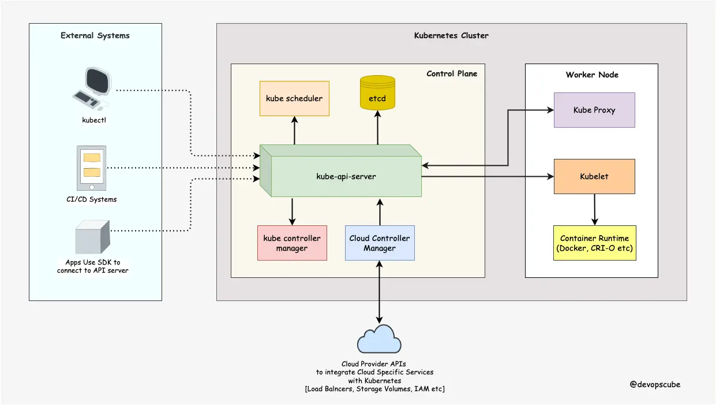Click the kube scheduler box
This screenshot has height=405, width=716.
(x=294, y=98)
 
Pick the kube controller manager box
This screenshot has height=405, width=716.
(x=292, y=243)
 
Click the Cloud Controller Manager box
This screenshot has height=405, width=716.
(x=380, y=243)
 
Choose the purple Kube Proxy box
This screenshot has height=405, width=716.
(x=594, y=110)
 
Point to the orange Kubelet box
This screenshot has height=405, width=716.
(x=594, y=176)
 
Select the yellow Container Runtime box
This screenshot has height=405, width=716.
(x=594, y=243)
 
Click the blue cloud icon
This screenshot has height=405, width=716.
(x=379, y=340)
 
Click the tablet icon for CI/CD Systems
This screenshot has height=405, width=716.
(x=92, y=168)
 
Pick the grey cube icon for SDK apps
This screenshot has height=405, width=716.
(x=92, y=237)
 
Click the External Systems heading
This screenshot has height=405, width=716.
(x=95, y=36)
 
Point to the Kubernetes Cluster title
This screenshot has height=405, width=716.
(x=451, y=36)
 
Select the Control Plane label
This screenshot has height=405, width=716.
(x=452, y=74)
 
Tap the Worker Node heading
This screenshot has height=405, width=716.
(x=592, y=75)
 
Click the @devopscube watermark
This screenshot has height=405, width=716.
(x=655, y=385)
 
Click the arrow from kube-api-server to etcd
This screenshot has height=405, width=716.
(x=378, y=128)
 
